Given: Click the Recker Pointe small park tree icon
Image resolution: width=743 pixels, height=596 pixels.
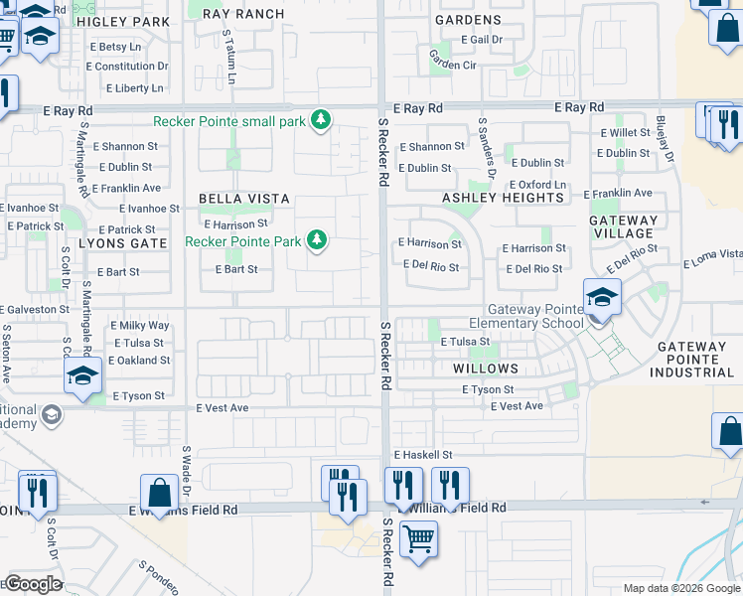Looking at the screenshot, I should (320, 121).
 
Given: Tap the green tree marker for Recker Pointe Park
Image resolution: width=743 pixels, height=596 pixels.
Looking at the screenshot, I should (317, 239).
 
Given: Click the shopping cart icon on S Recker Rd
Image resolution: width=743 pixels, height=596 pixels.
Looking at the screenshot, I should (418, 539).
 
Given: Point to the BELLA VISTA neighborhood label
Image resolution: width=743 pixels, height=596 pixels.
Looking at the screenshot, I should (243, 199).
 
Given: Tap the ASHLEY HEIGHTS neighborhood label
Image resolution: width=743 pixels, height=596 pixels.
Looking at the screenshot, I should (503, 198).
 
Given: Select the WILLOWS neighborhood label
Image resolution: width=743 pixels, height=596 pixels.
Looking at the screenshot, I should (486, 368).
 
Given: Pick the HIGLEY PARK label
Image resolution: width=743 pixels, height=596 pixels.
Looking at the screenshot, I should (123, 20).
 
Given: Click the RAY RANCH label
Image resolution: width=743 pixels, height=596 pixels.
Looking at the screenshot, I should (242, 14).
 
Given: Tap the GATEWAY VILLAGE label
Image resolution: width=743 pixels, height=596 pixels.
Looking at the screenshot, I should (623, 226).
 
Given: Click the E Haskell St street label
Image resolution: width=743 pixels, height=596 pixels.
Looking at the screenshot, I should (422, 454).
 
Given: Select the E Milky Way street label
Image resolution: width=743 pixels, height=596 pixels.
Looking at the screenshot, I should (139, 325).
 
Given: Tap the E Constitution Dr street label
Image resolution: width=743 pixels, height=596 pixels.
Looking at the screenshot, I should (127, 66).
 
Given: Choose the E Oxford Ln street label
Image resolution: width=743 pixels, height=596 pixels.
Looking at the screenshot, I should (537, 185).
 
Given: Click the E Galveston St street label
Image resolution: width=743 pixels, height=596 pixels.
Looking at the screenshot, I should (35, 309).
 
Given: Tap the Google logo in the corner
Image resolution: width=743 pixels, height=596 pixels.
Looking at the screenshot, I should (32, 584).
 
